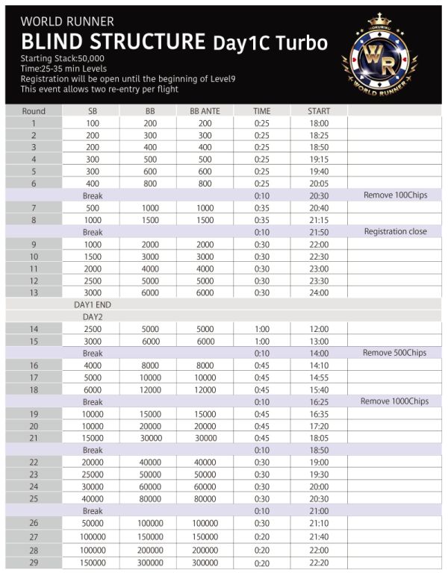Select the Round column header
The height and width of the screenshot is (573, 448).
click(x=34, y=111)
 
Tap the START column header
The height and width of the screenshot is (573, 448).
click(x=319, y=111)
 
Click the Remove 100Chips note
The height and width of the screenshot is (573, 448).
click(x=395, y=195)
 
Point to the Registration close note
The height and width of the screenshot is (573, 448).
click(x=395, y=231)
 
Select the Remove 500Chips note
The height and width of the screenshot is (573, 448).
click(x=395, y=352)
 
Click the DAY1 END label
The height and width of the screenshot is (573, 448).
click(x=93, y=304)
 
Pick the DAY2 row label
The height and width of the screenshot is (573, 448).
click(x=93, y=316)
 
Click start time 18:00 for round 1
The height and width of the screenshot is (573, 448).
click(x=319, y=123)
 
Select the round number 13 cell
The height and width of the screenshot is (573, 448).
click(x=34, y=292)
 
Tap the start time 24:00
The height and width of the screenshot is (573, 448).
click(x=319, y=292)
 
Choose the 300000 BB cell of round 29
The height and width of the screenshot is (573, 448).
click(x=150, y=563)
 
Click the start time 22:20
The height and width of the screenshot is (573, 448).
click(x=319, y=563)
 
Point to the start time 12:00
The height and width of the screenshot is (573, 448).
click(x=319, y=328)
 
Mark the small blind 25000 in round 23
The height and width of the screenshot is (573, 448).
click(x=93, y=474)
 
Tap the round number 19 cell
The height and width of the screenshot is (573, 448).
click(x=34, y=413)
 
